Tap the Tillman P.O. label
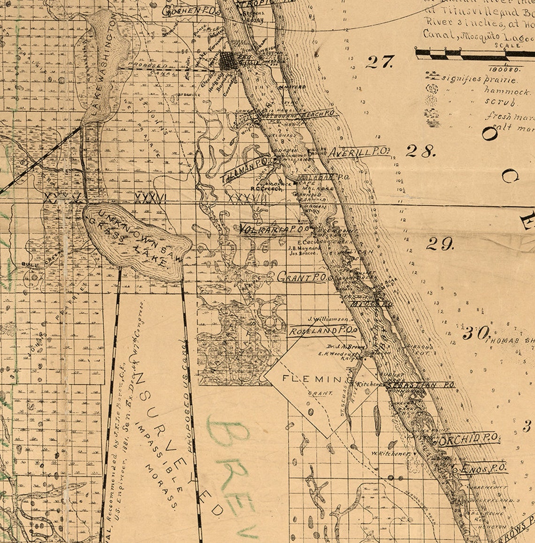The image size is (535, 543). (244, 171)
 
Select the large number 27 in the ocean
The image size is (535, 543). (379, 62)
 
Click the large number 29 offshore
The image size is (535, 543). (440, 243)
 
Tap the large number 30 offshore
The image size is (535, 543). (476, 333)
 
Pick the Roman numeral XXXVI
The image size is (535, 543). (150, 198)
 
